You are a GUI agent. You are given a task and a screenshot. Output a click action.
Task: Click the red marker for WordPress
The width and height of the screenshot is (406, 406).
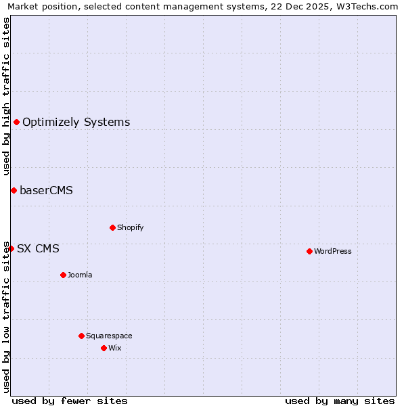(309, 251)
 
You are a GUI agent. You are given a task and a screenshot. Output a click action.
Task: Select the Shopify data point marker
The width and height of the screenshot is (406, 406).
(112, 227)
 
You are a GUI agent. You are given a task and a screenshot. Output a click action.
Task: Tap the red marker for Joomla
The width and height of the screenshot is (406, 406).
(63, 275)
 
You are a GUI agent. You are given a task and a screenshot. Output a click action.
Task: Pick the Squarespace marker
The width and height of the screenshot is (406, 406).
(81, 336)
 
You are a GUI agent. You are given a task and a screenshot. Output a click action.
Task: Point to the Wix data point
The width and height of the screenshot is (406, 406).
(104, 348)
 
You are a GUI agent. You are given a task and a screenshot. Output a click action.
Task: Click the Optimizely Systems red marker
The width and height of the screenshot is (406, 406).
(16, 122)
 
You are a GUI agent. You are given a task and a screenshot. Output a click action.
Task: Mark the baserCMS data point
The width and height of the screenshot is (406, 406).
(14, 190)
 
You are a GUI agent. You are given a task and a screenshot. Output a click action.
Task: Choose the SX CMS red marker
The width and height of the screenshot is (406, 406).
(11, 248)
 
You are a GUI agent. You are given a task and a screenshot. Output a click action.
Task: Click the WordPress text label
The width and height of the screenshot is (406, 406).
(333, 251)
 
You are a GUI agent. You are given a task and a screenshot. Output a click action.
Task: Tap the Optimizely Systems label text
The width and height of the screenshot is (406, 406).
(76, 122)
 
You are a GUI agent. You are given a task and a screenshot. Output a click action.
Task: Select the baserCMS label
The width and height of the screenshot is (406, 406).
(46, 190)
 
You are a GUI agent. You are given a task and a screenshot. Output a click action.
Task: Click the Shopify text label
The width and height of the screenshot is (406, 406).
(130, 227)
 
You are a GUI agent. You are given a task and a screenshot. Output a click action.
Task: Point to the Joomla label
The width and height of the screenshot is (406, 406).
(80, 275)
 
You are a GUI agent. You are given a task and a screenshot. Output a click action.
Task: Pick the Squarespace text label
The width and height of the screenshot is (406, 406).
(109, 336)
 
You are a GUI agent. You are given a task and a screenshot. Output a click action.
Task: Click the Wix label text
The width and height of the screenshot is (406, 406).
(114, 348)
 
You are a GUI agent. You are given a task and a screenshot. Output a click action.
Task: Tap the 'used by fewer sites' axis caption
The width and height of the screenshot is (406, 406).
(70, 401)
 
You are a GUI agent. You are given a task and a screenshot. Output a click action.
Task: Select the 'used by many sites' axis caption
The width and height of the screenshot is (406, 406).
(340, 401)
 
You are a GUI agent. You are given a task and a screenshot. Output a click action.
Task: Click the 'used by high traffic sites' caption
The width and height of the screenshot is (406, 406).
(6, 96)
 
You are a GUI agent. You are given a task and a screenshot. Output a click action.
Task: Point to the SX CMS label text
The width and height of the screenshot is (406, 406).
(38, 248)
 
